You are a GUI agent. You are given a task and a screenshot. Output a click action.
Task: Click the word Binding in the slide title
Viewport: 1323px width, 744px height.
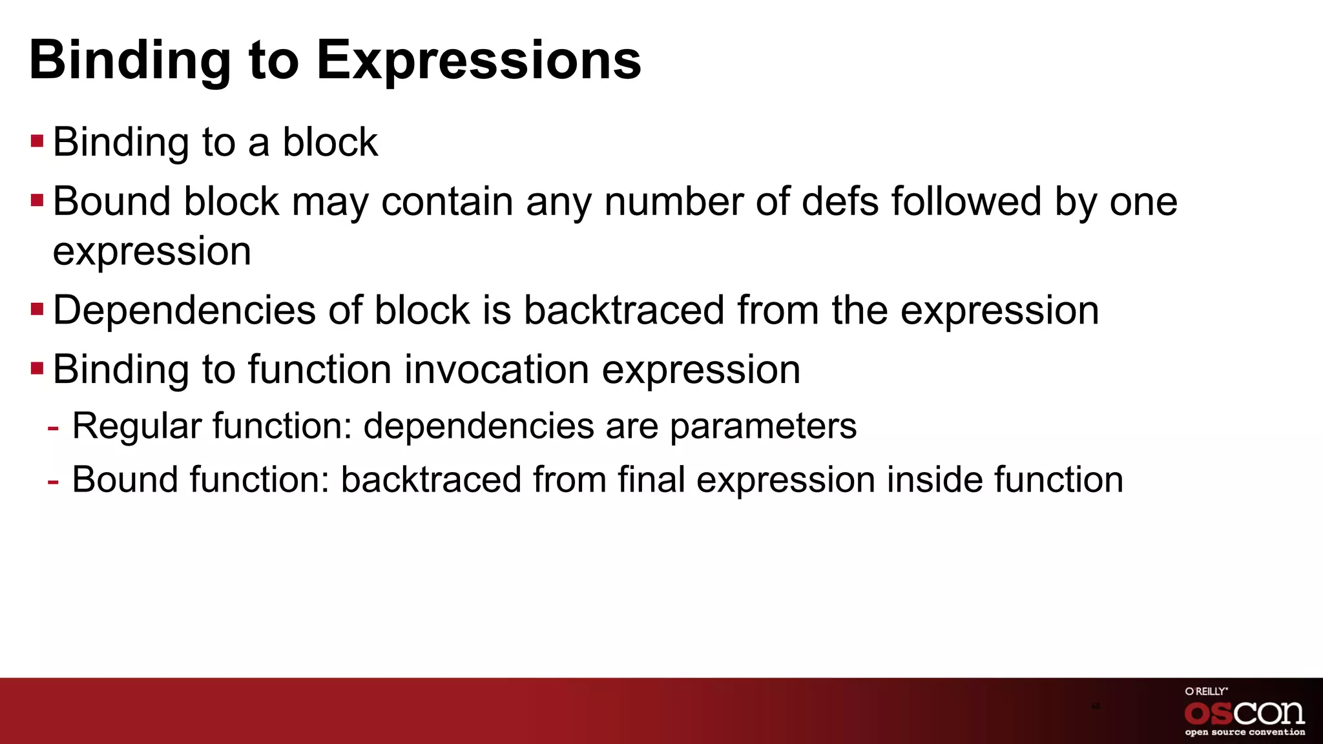129,60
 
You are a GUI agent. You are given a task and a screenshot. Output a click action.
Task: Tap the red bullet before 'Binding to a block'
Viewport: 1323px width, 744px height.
37,141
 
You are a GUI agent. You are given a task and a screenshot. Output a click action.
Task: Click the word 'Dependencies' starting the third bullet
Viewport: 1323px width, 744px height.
183,311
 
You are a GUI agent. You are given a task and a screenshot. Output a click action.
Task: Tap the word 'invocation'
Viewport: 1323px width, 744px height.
498,369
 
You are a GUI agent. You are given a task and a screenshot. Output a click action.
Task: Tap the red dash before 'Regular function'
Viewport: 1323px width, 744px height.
54,428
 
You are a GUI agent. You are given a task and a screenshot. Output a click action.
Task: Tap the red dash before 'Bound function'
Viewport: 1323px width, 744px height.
54,481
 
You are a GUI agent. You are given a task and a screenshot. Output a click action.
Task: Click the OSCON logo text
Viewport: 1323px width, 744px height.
1244,713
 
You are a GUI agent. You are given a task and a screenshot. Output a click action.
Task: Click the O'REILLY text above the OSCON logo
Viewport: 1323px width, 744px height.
1206,691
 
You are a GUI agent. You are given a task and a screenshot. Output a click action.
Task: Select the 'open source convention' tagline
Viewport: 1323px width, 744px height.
1245,732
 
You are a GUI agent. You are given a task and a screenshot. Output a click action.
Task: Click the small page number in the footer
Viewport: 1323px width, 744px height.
1096,707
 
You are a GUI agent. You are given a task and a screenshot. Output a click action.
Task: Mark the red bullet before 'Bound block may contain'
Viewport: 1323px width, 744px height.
37,200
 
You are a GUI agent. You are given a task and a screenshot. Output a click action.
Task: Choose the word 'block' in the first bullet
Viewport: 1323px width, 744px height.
330,142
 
